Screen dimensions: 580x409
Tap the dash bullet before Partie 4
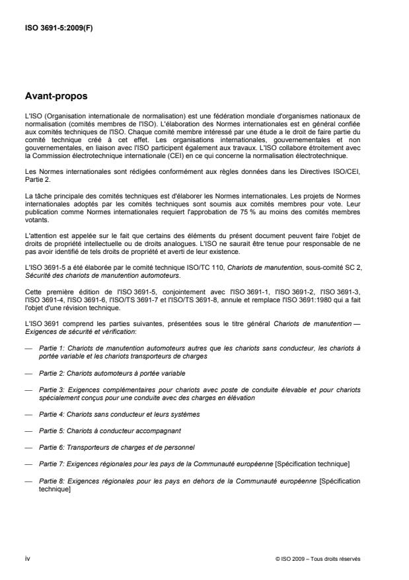[28, 414]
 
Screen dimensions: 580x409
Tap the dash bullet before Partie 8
[28, 481]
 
